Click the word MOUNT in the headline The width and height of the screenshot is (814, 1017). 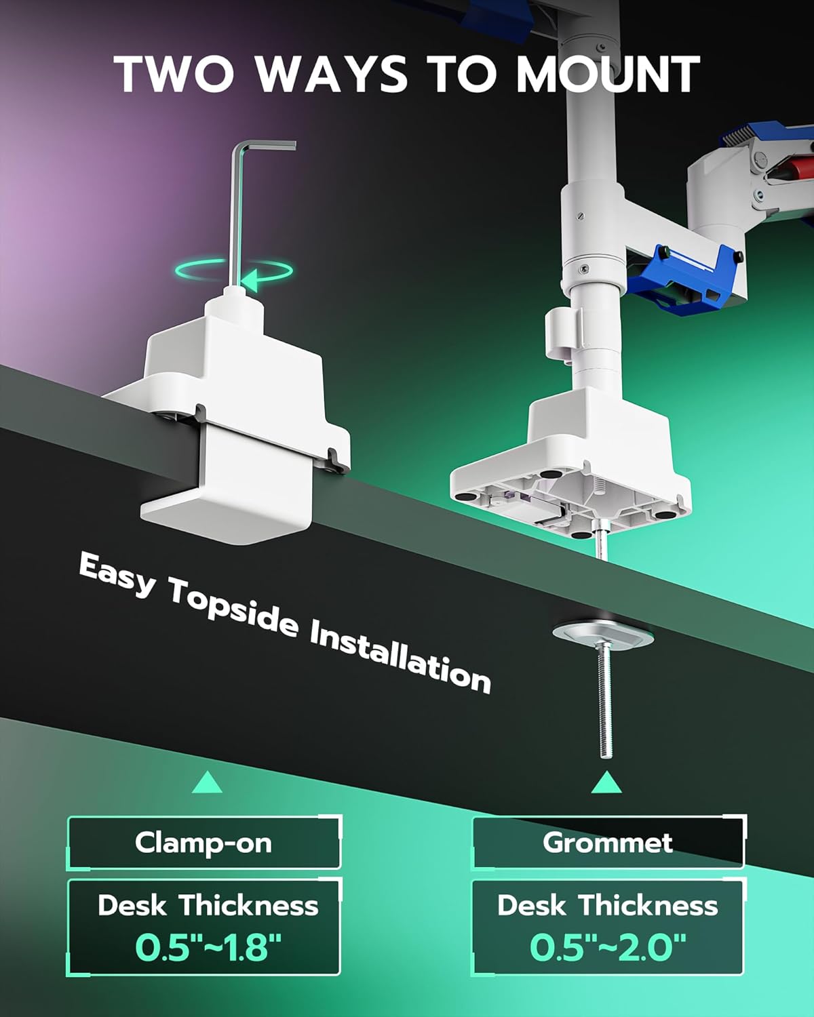click(608, 74)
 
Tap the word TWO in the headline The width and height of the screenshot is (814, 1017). click(174, 74)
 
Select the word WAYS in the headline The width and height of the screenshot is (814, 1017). click(330, 74)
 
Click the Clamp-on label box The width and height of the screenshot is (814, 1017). click(204, 843)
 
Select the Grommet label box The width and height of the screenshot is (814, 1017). click(608, 843)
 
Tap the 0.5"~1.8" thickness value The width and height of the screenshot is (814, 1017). click(208, 946)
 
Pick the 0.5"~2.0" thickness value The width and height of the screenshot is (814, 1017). click(607, 946)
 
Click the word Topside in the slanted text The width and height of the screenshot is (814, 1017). click(233, 611)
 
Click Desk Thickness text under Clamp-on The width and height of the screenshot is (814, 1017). click(208, 906)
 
